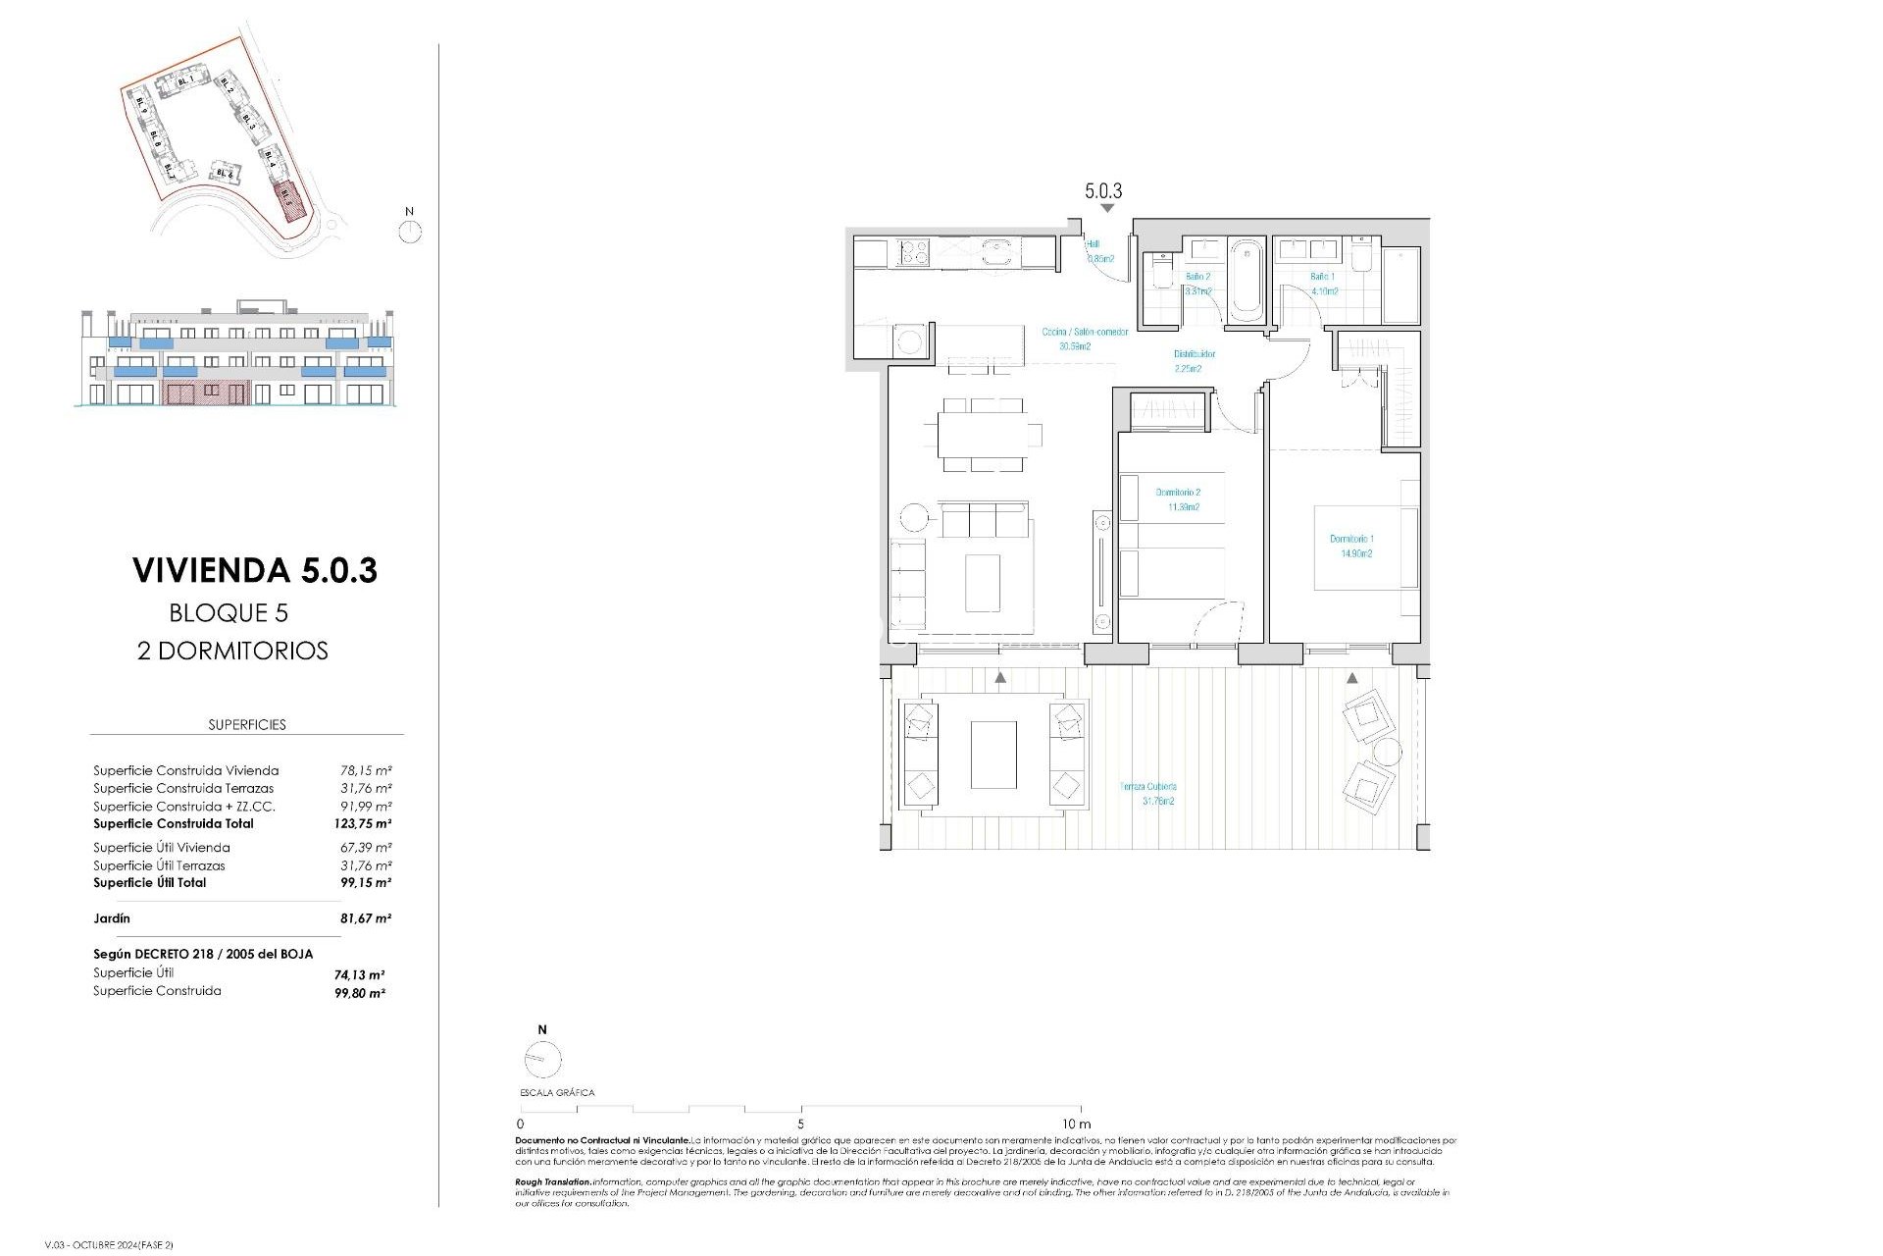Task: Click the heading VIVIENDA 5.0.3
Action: point(255,570)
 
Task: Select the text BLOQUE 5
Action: point(229,613)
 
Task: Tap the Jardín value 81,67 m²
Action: point(365,918)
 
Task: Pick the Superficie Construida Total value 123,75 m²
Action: point(362,824)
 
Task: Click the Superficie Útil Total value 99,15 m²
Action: point(365,883)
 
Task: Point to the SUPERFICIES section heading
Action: point(247,724)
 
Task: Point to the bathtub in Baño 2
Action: point(1246,281)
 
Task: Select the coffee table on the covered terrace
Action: point(993,755)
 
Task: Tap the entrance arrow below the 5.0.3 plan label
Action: point(1107,208)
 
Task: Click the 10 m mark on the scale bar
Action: point(1076,1123)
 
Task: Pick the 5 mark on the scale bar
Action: point(800,1123)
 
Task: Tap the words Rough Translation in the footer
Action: point(553,1182)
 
